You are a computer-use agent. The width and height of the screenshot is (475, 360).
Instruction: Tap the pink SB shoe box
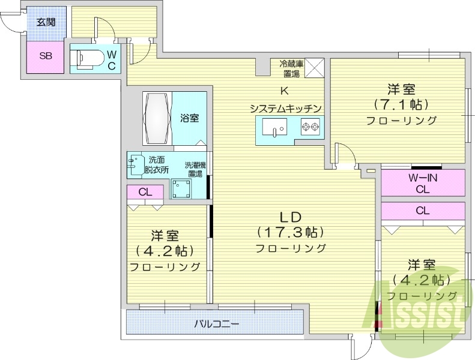pos(44,56)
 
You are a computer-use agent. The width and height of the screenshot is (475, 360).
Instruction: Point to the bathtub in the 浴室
pos(157,118)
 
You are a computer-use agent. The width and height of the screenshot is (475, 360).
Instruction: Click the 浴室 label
pos(190,118)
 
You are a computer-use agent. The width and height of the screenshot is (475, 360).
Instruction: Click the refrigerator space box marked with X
pos(315,67)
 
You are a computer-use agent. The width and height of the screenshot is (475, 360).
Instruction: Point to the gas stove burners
pos(310,127)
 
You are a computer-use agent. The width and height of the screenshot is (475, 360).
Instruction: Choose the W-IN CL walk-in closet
pos(423,182)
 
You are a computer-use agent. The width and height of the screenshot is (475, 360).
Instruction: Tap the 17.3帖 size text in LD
pos(291,231)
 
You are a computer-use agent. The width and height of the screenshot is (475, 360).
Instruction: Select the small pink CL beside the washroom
pos(145,192)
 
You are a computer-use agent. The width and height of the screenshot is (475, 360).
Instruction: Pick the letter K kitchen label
pos(285,91)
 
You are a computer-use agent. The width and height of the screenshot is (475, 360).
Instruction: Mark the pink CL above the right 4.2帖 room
pos(423,211)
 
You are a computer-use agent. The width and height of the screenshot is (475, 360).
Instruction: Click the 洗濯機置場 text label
pos(194,169)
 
